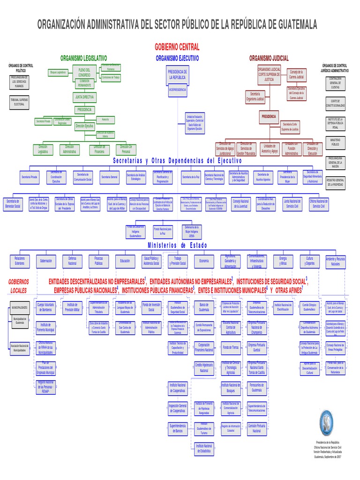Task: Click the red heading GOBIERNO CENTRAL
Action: click(x=177, y=47)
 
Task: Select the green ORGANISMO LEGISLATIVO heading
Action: click(x=84, y=58)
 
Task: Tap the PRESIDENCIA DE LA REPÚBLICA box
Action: click(x=177, y=75)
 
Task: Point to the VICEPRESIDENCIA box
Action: click(x=177, y=89)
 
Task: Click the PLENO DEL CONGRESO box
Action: click(x=84, y=72)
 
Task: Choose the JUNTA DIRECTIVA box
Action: click(x=84, y=97)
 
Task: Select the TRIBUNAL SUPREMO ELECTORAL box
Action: click(x=20, y=102)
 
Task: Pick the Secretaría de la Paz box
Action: click(x=191, y=177)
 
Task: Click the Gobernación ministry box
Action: click(x=46, y=261)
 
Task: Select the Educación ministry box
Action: click(x=125, y=261)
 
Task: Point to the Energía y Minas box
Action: click(x=283, y=261)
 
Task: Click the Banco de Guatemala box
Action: click(x=204, y=308)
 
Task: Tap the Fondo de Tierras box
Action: click(x=231, y=347)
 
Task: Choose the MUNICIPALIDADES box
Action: click(x=20, y=307)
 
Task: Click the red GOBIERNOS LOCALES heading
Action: click(x=19, y=286)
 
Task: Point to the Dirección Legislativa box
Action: click(x=43, y=150)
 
